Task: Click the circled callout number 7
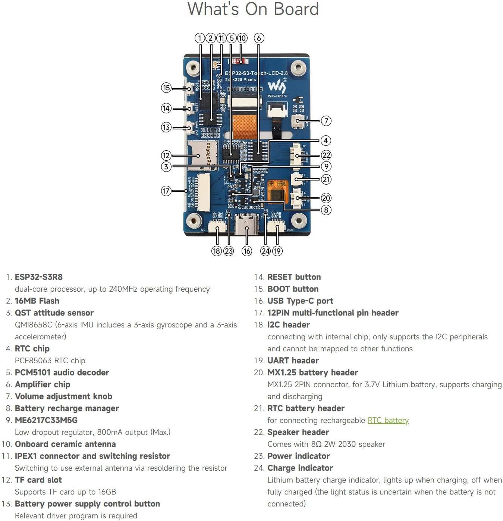(x=326, y=121)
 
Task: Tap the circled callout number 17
(x=166, y=191)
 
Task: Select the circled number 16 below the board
(x=246, y=251)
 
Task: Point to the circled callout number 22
(x=326, y=155)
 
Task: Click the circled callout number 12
(x=166, y=156)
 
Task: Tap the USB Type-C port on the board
(x=246, y=224)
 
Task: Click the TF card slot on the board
(x=202, y=154)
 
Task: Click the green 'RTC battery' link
(x=388, y=420)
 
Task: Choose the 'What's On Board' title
(x=253, y=9)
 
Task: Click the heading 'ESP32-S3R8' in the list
(x=39, y=277)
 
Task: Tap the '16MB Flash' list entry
(x=37, y=301)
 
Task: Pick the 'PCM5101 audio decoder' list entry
(x=62, y=373)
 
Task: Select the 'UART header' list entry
(x=293, y=361)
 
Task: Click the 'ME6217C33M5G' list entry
(x=46, y=420)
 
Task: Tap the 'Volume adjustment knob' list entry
(x=63, y=396)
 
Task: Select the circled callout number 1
(x=200, y=38)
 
